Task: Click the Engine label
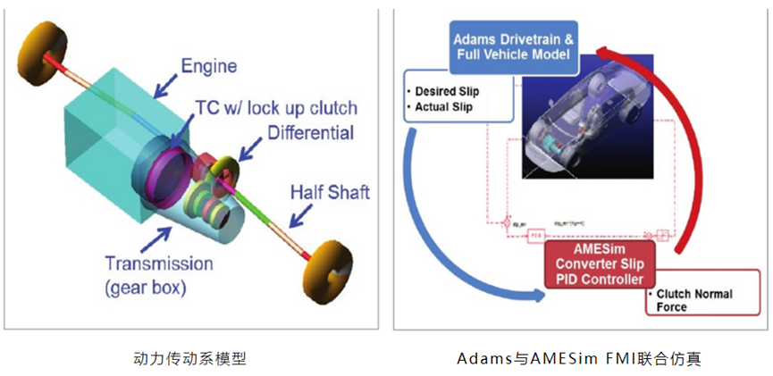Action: tap(210, 65)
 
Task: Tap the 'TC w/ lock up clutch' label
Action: tap(273, 108)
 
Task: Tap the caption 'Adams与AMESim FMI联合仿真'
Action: tap(579, 359)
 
